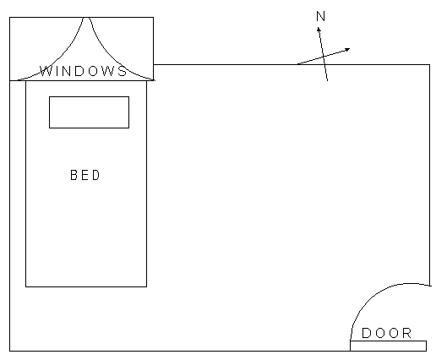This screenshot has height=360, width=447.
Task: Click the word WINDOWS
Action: point(84,71)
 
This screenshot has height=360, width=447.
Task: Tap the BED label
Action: point(85,175)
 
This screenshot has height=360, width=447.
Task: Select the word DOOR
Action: point(386,333)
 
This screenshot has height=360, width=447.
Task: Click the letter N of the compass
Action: point(321,16)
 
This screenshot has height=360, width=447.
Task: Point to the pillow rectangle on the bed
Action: point(89,112)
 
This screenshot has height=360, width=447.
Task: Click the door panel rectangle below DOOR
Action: point(389,346)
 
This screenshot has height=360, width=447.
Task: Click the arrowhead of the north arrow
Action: point(319,29)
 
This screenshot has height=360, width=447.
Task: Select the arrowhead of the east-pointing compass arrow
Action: point(348,50)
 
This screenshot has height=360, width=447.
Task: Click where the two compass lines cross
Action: point(324,57)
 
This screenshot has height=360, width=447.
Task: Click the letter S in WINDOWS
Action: point(123,71)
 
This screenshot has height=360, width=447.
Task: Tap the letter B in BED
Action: point(73,175)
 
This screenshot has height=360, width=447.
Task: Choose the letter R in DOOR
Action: point(407,333)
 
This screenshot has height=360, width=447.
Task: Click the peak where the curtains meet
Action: point(87,18)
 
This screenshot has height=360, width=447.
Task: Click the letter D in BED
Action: point(96,175)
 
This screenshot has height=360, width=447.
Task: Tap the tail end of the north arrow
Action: point(327,80)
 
